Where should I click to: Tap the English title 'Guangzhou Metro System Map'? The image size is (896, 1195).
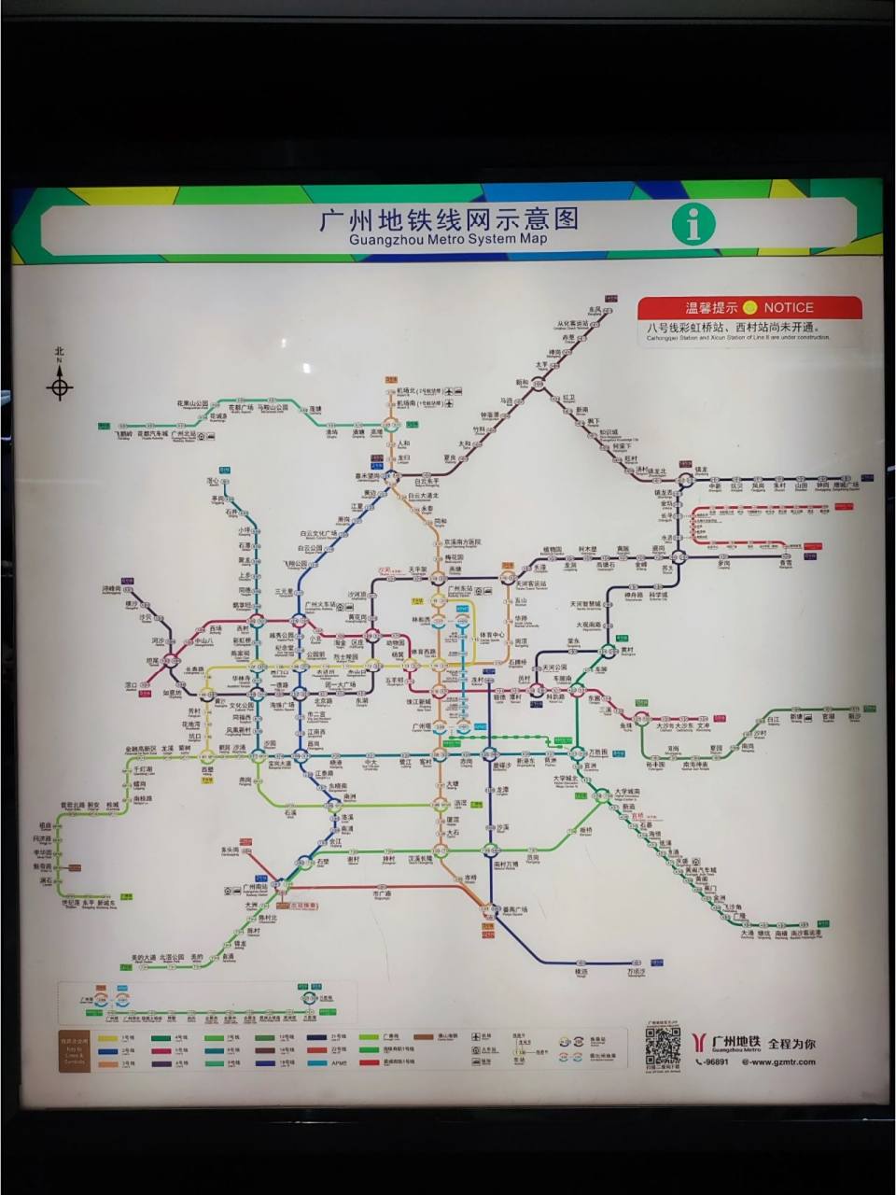click(x=447, y=239)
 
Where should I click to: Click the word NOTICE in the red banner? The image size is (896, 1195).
click(x=789, y=307)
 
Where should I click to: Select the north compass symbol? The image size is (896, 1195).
click(x=60, y=384)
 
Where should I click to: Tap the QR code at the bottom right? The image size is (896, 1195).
click(x=663, y=1047)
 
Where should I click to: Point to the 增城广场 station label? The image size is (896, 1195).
click(x=847, y=485)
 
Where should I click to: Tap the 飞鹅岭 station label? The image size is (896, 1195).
click(x=123, y=434)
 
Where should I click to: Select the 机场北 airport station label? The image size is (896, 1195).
click(x=406, y=390)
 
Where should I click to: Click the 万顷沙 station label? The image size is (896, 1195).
click(x=637, y=971)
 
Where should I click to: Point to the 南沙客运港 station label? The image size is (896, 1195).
click(x=806, y=933)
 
